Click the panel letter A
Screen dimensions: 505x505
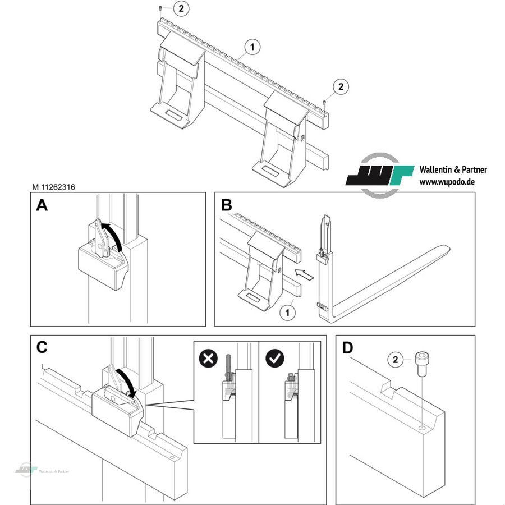[x=42, y=206]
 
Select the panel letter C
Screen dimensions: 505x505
[x=42, y=347]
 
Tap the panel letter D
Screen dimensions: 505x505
[x=348, y=348]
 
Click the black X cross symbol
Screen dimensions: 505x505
[x=209, y=359]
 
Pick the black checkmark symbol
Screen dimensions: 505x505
[x=274, y=359]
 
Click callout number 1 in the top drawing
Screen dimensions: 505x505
[x=252, y=47]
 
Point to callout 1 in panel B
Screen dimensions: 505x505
[x=287, y=311]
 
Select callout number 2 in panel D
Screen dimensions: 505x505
[x=396, y=359]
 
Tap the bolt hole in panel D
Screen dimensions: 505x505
[x=421, y=428]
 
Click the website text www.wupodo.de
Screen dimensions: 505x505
[x=447, y=182]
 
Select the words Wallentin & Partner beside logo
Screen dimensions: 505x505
[x=453, y=169]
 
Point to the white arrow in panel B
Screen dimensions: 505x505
[x=304, y=274]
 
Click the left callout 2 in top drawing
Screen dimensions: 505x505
[x=181, y=8]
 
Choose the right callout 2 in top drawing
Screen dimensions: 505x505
[x=341, y=87]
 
